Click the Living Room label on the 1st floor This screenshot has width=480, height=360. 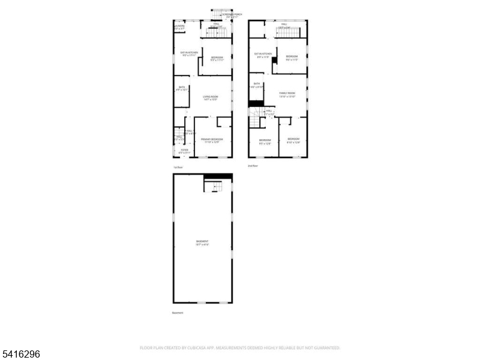point(209,98)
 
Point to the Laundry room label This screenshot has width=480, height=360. point(179,27)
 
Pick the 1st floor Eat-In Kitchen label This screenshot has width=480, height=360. point(190,54)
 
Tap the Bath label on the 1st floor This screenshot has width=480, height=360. point(182,88)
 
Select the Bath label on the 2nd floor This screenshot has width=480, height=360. point(257,85)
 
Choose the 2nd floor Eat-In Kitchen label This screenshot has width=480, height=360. point(263,55)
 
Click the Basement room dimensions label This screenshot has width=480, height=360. point(202,243)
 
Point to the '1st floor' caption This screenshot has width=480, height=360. point(178,167)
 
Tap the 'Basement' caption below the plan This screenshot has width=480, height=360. point(178,313)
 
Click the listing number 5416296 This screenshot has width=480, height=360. point(21,354)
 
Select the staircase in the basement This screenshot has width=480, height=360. point(213,187)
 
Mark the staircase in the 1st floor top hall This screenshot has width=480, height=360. point(215,33)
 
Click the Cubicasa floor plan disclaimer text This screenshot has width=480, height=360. point(240,347)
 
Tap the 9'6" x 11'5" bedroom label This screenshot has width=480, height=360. point(292,58)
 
